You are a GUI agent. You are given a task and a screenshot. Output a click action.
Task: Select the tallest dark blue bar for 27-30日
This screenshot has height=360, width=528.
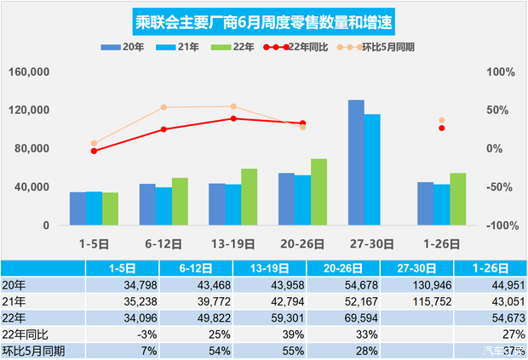[x=356, y=163]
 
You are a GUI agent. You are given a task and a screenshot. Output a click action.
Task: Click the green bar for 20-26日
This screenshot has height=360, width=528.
[x=319, y=192]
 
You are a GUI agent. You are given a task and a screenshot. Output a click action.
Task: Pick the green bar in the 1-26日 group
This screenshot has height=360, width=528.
[x=458, y=199]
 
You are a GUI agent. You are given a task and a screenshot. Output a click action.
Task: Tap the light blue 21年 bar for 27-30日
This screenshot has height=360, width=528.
[x=372, y=169]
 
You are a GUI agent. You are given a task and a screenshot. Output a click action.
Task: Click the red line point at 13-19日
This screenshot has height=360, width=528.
[x=233, y=118]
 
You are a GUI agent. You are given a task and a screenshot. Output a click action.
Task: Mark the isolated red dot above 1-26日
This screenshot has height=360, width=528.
[x=441, y=128]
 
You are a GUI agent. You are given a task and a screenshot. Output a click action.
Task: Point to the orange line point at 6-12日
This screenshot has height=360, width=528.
[x=164, y=107]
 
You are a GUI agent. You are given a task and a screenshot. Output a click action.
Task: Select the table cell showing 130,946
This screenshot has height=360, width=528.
[x=417, y=284]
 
